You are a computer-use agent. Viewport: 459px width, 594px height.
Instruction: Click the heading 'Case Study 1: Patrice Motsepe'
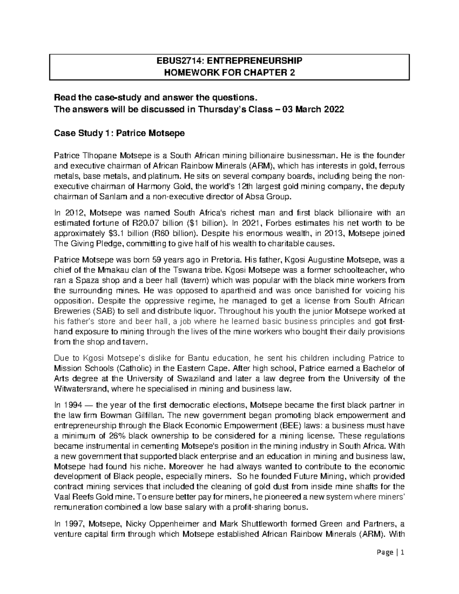point(119,133)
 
